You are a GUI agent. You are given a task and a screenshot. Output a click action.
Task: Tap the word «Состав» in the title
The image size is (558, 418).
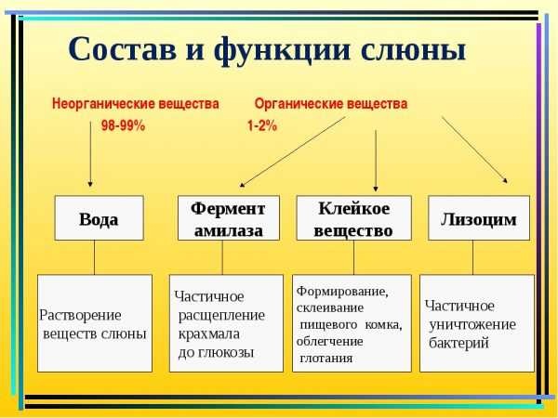click(122, 48)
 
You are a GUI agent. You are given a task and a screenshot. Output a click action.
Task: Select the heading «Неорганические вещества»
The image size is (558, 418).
click(135, 104)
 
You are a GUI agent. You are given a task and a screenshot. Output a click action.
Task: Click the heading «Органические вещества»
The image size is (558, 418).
click(331, 104)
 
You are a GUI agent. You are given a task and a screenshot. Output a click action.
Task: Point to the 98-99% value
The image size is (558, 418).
click(123, 125)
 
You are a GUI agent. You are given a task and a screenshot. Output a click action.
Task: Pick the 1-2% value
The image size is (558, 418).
click(262, 125)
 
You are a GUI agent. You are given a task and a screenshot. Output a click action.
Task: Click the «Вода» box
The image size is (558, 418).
click(99, 218)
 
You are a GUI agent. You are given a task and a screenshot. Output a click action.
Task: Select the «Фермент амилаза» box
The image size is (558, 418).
click(229, 218)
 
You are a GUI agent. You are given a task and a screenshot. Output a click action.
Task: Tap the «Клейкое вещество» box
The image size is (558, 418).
click(353, 218)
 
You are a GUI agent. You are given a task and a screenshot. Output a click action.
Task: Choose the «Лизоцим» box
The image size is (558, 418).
click(479, 218)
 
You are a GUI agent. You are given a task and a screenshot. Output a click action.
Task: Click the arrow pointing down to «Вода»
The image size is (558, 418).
click(90, 154)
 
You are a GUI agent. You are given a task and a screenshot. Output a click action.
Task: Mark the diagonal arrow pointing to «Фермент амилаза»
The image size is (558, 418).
click(293, 151)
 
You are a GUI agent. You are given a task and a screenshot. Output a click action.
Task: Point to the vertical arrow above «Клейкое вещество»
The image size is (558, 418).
click(376, 161)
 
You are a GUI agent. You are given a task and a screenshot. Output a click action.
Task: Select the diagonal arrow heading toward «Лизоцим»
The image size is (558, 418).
click(474, 150)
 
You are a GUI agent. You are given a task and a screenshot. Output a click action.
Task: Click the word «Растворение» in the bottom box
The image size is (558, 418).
click(80, 315)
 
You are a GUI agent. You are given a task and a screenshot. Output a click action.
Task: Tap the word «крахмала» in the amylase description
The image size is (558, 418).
click(209, 333)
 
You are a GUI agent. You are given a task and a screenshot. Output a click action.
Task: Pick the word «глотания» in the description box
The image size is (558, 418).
click(326, 358)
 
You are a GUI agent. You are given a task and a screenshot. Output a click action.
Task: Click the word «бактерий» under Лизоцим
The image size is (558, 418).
click(458, 343)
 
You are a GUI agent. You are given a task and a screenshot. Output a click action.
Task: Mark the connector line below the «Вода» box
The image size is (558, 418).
click(94, 257)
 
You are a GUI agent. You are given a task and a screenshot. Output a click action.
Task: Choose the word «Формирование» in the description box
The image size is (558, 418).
click(342, 291)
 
